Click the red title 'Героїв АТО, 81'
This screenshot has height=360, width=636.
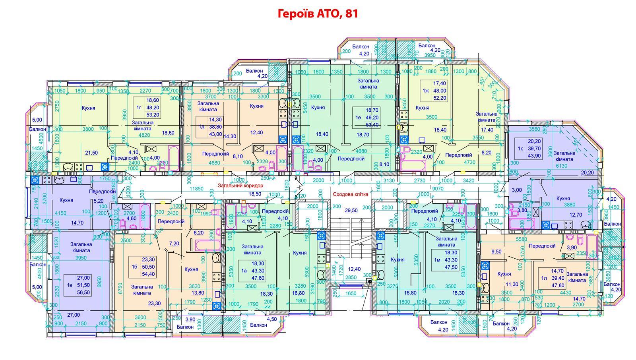318,14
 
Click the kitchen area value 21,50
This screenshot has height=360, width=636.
92,153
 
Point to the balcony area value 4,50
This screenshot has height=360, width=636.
272,319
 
